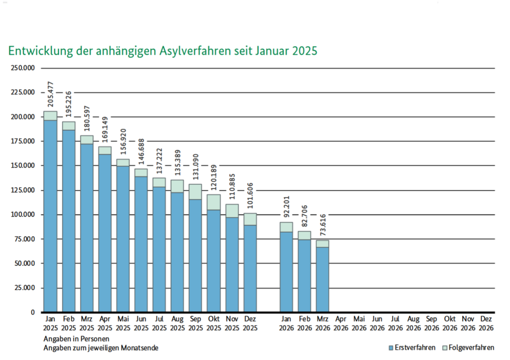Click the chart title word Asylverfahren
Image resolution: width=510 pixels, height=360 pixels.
(196, 51)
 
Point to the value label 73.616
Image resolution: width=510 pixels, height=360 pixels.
(323, 225)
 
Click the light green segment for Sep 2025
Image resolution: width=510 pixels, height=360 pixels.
(196, 192)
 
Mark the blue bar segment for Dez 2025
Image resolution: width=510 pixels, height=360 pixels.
(251, 269)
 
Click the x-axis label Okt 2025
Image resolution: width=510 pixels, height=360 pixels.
(214, 323)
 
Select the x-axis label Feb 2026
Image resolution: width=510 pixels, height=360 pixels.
(305, 323)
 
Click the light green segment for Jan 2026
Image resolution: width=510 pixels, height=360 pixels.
(286, 227)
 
